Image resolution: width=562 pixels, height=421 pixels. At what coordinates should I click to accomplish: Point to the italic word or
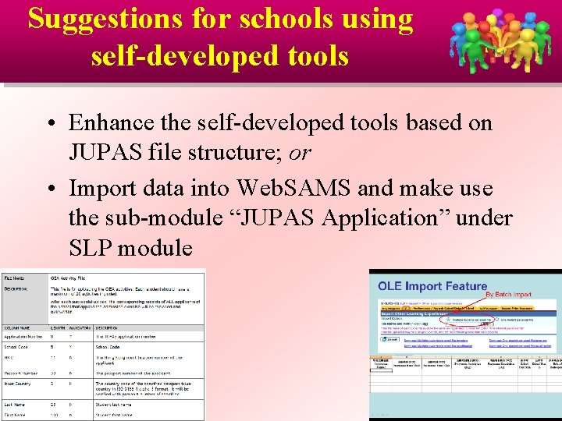coord(299,154)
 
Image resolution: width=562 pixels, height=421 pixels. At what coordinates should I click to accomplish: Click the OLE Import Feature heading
coord(432,286)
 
